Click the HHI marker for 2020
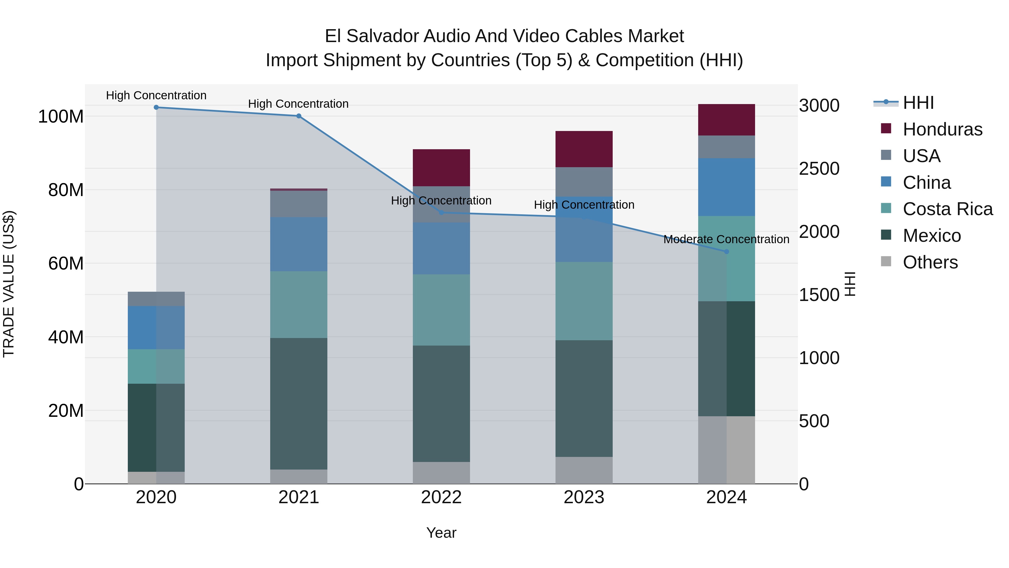[156, 107]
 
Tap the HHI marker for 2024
[726, 252]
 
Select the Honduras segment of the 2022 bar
[441, 168]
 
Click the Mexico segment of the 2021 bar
[299, 404]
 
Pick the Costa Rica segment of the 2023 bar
[584, 301]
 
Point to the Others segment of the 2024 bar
[726, 450]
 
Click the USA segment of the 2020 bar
[156, 299]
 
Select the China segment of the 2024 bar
[726, 187]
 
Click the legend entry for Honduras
[942, 129]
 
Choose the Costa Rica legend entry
[948, 209]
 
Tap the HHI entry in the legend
[918, 103]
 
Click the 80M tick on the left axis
[66, 190]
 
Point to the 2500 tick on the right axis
[819, 169]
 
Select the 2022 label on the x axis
[441, 497]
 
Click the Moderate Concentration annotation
[726, 239]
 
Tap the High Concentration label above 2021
[298, 104]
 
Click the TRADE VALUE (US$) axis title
[9, 284]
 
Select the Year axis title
[441, 533]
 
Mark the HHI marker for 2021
[299, 116]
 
